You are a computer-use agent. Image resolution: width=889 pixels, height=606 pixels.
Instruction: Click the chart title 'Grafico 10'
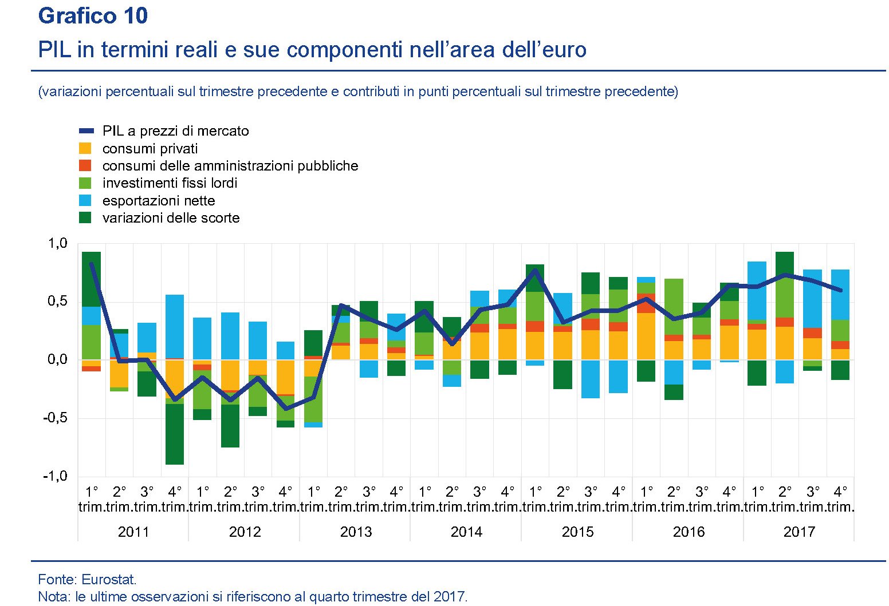(x=93, y=16)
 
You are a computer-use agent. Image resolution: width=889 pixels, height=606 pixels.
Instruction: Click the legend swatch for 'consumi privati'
(x=85, y=149)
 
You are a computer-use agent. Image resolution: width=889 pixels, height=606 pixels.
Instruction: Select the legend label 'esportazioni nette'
(x=159, y=201)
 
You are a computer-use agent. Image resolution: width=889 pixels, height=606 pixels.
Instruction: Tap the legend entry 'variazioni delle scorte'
(x=171, y=218)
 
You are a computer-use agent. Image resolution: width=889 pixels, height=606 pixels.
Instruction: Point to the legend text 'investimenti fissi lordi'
(x=170, y=183)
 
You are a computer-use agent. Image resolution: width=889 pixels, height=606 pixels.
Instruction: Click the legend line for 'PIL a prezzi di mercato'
(x=86, y=131)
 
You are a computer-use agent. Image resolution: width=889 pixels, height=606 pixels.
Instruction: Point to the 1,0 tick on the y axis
(x=57, y=244)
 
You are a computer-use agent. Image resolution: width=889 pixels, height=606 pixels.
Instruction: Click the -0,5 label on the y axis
(x=55, y=418)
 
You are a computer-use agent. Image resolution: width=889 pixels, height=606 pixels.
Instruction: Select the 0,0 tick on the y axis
(x=57, y=360)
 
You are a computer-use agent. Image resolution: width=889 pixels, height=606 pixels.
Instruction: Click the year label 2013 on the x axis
(x=356, y=532)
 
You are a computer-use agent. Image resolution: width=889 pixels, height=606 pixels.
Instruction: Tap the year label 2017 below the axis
(x=798, y=532)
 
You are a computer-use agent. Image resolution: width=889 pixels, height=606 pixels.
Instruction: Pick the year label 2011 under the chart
(x=133, y=532)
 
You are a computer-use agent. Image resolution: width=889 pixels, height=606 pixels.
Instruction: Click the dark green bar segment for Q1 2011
(x=91, y=279)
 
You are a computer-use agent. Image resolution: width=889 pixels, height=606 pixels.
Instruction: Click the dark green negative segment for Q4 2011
(x=175, y=434)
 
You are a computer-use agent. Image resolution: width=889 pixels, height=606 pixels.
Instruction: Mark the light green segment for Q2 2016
(x=674, y=307)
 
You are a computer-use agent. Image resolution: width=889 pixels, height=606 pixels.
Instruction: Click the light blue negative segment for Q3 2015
(x=591, y=379)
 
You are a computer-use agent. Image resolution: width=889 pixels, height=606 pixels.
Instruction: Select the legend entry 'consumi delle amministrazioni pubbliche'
(x=230, y=166)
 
